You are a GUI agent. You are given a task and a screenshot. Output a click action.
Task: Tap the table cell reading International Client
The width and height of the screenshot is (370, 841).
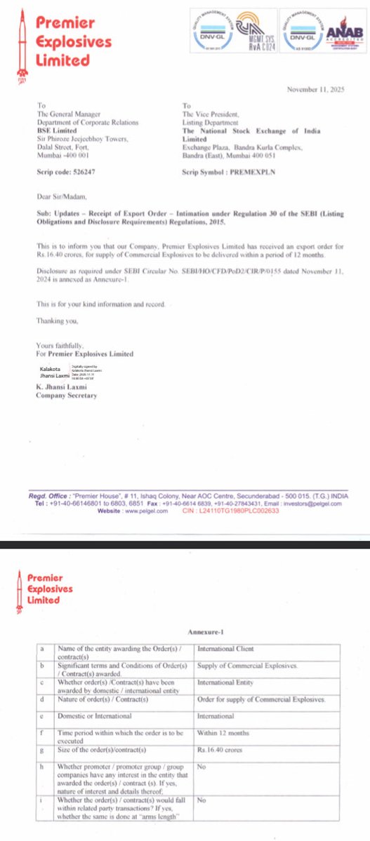[x=226, y=650]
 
